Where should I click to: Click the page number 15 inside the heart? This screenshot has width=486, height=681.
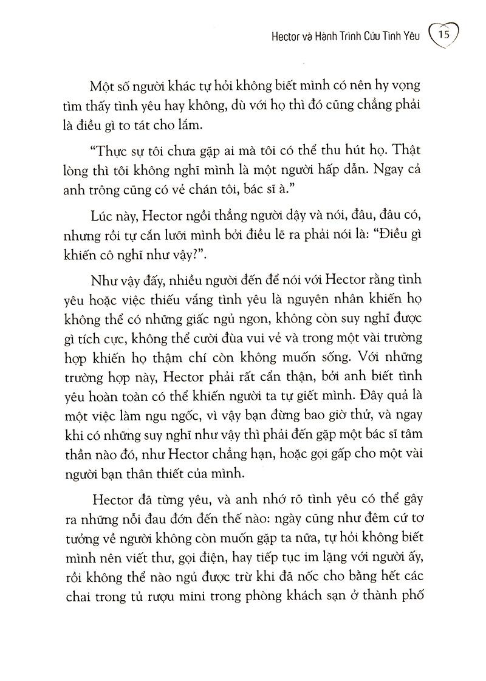443,35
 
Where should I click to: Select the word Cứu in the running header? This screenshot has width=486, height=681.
380,36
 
